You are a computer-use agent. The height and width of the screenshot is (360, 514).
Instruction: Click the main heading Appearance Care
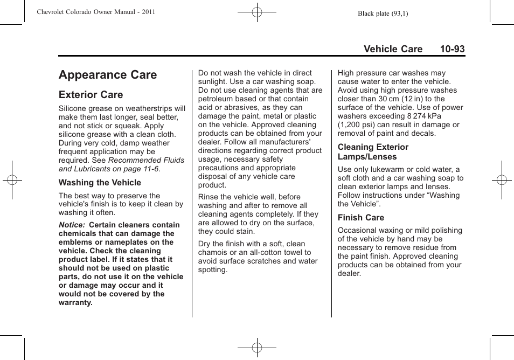[x=108, y=75]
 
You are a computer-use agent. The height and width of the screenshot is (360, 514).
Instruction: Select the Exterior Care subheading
[x=91, y=95]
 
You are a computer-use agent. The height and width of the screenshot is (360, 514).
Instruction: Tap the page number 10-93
[x=452, y=49]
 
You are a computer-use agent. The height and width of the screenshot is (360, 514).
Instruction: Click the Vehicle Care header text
[x=393, y=49]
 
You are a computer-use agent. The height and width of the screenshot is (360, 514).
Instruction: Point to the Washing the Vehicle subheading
[x=100, y=183]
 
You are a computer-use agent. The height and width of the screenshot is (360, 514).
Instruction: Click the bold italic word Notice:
[x=72, y=225]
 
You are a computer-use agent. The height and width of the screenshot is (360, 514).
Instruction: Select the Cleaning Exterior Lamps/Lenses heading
[x=373, y=152]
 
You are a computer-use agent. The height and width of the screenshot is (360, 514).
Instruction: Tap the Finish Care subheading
[x=360, y=218]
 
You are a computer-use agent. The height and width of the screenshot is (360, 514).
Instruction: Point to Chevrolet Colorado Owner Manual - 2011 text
[x=96, y=12]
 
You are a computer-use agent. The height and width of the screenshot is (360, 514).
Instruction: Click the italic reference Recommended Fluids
[x=146, y=160]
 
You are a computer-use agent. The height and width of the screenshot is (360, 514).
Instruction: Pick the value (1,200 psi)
[x=357, y=124]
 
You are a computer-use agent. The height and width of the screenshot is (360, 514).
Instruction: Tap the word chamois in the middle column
[x=213, y=252]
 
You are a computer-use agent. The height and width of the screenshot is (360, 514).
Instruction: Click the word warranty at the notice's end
[x=75, y=302]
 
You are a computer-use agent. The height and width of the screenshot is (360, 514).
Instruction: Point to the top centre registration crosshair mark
[x=257, y=11]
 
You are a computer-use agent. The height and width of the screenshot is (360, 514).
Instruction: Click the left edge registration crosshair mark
[x=12, y=180]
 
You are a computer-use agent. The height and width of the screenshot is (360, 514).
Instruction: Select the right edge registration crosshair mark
[x=502, y=180]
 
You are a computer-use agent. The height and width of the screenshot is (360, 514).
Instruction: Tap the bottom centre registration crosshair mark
[x=257, y=348]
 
